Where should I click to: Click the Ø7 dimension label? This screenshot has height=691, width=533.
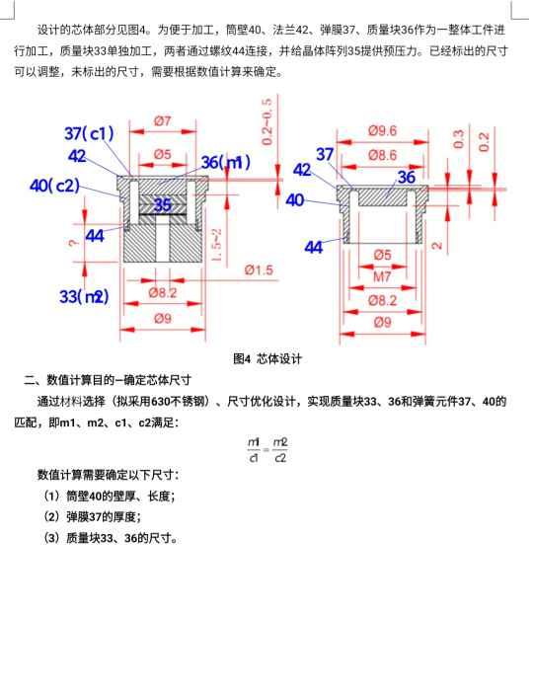pos(163,120)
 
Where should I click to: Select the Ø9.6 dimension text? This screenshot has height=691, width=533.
pos(382,131)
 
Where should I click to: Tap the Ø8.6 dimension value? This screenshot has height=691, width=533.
pos(382,155)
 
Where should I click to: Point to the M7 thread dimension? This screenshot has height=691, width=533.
pos(382,276)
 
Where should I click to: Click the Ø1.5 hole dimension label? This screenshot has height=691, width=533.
pos(259,269)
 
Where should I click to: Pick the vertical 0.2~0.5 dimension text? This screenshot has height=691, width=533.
pos(266,122)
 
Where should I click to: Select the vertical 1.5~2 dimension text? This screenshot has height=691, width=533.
pos(217,245)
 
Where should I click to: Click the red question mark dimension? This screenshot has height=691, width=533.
pos(74,243)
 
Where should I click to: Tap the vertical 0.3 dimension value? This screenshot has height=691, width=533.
pos(458,139)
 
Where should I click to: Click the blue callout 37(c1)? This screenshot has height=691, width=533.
pos(89,133)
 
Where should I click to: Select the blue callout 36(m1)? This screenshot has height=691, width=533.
pos(225,162)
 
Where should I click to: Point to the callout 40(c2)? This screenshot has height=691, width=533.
pos(54,186)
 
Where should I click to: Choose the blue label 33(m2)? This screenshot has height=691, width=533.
pos(84,296)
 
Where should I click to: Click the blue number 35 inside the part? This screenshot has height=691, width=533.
pos(162,205)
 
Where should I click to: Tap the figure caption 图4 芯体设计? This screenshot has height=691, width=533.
pos(266,358)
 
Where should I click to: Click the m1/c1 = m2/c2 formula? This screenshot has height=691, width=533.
pos(266,450)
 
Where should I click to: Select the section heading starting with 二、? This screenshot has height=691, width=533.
pos(108,380)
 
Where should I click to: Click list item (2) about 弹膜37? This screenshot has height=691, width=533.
pos(92,517)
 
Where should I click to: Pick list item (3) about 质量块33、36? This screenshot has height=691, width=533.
pos(111,538)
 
